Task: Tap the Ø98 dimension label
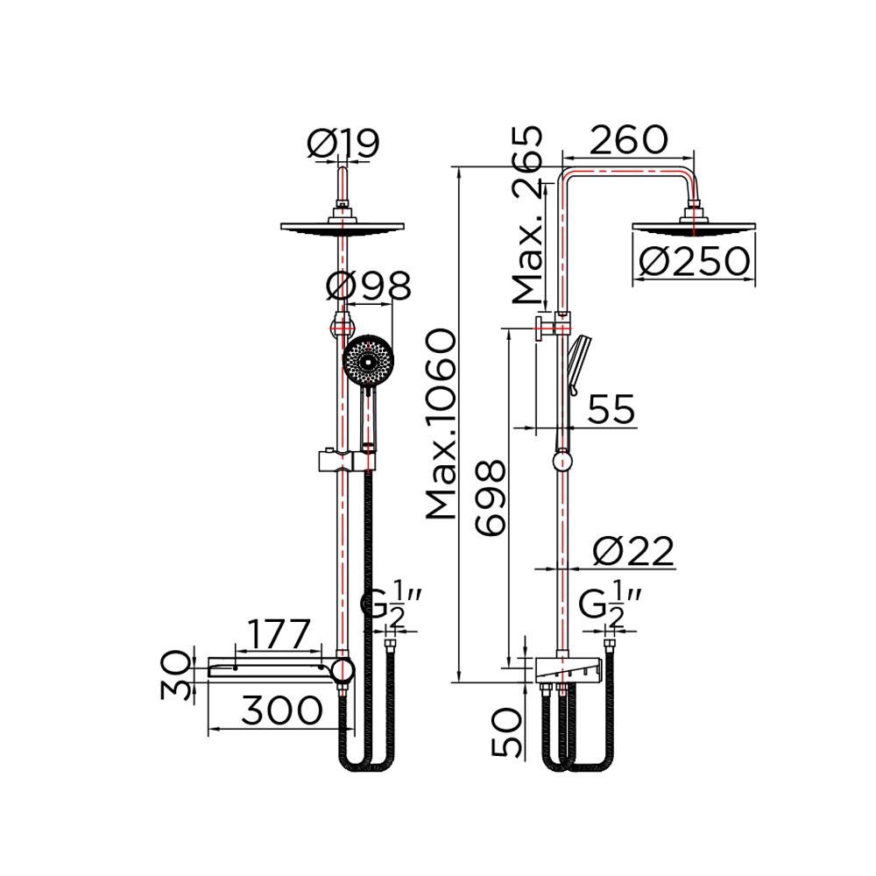[x=368, y=286]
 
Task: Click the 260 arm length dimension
[x=628, y=139]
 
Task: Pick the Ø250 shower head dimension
[x=694, y=261]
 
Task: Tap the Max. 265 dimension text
[x=528, y=215]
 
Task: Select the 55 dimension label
[x=611, y=409]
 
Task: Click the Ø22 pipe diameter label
[x=632, y=551]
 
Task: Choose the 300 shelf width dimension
[x=282, y=710]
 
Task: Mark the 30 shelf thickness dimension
[x=178, y=675]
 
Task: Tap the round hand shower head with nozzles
[x=368, y=361]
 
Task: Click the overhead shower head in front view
[x=343, y=227]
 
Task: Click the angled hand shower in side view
[x=578, y=359]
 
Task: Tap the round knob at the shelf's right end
[x=343, y=671]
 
